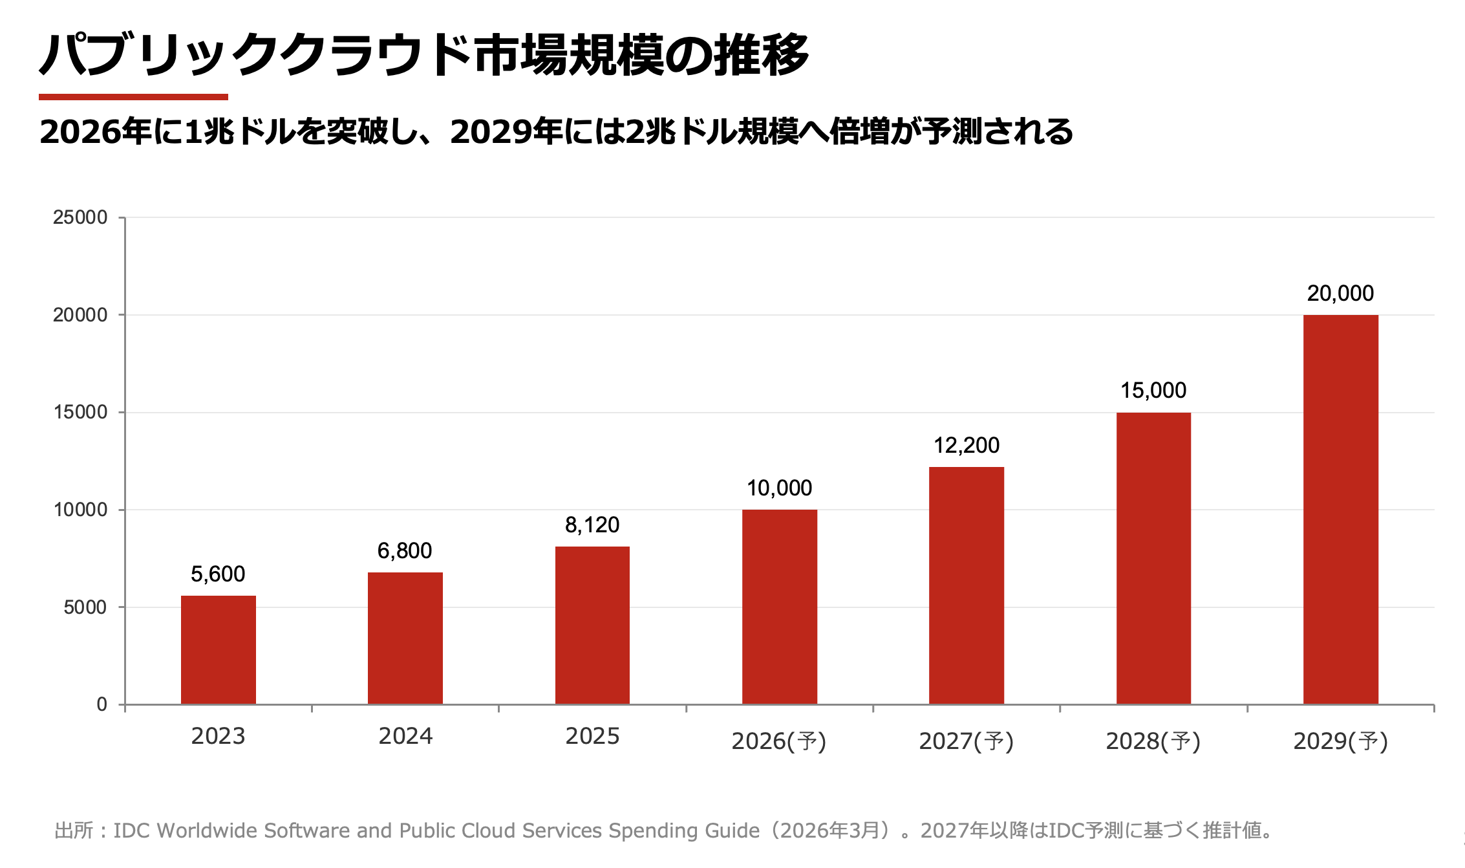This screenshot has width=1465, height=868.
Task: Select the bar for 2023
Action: pyautogui.click(x=219, y=649)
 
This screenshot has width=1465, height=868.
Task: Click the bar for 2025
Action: pyautogui.click(x=592, y=625)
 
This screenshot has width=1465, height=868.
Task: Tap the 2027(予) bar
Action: pyautogui.click(x=967, y=585)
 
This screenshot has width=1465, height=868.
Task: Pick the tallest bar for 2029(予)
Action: pyautogui.click(x=1340, y=509)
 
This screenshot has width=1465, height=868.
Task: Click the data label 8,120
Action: pyautogui.click(x=592, y=525)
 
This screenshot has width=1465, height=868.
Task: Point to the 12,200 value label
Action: pyautogui.click(x=967, y=445)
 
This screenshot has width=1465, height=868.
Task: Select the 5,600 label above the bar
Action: pyautogui.click(x=218, y=574)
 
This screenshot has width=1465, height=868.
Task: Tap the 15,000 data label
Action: pyautogui.click(x=1153, y=390)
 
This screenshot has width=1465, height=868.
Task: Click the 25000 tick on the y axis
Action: pyautogui.click(x=80, y=217)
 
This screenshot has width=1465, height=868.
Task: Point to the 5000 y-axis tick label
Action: pyautogui.click(x=85, y=607)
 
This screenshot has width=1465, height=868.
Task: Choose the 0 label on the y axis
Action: pyautogui.click(x=102, y=704)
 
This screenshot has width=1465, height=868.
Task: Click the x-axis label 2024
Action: pyautogui.click(x=405, y=736)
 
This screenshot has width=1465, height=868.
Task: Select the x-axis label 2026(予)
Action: pyautogui.click(x=779, y=741)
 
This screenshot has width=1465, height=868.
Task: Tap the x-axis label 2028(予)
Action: pyautogui.click(x=1153, y=741)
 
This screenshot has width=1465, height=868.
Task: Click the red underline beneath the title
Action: pyautogui.click(x=133, y=97)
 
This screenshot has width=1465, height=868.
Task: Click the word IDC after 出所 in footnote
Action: pyautogui.click(x=133, y=830)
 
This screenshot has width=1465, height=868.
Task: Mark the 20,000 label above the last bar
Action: pyautogui.click(x=1340, y=293)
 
